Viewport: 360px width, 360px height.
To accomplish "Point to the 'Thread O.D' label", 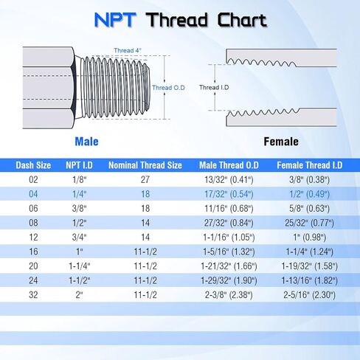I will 167,88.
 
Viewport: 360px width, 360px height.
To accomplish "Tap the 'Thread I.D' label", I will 214,88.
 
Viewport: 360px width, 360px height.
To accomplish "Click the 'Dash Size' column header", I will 32,165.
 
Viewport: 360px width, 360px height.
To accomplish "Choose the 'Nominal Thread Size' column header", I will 145,165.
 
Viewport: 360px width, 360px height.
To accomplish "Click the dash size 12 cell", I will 32,238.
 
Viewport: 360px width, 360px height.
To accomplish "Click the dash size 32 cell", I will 32,294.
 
